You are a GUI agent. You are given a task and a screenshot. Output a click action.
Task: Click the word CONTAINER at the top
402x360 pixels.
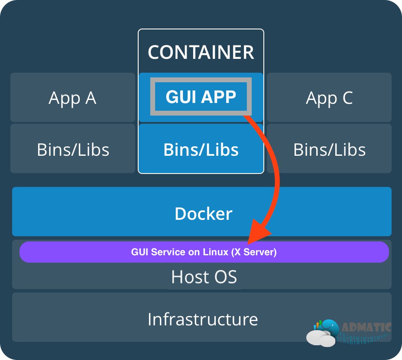pos(201,52)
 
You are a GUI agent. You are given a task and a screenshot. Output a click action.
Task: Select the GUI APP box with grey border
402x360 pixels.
pos(201,96)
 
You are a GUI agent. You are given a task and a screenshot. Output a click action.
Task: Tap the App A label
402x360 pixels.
pos(72,98)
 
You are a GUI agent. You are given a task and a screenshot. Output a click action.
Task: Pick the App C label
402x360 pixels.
pos(330,98)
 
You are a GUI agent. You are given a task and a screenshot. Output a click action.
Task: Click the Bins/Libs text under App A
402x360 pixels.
pos(73,150)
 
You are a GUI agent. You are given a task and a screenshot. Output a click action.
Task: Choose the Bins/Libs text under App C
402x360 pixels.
pos(330,150)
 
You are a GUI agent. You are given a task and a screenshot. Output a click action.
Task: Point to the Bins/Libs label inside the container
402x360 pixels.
pos(201,150)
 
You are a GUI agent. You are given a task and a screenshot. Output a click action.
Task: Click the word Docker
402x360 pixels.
pos(204,214)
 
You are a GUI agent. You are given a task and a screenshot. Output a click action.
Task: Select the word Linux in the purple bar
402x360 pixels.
pos(215,252)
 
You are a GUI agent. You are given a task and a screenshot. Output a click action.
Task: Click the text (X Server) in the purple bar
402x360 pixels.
pos(254,252)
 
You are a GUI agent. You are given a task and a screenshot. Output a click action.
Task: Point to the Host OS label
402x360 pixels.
pos(204,277)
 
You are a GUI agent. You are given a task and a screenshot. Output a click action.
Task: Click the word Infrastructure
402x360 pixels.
pos(203,319)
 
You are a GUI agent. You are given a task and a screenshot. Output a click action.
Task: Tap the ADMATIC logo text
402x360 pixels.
pos(366,327)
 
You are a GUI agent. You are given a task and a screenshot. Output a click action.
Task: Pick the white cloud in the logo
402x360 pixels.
pos(321,338)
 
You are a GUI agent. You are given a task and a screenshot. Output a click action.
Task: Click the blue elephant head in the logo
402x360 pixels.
pos(331,327)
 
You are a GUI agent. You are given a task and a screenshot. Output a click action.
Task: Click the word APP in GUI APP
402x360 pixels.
pos(218,97)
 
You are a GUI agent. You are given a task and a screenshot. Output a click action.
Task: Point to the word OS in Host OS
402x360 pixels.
pos(226,277)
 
